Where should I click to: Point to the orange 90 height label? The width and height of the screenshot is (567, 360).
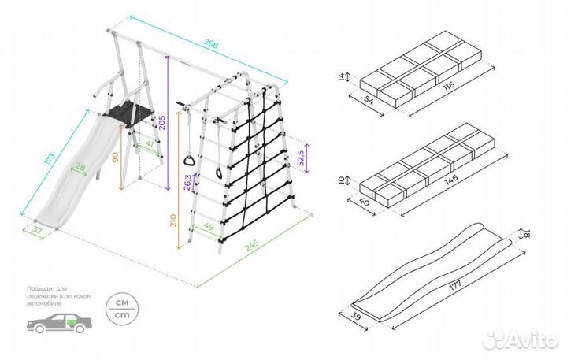(116, 158)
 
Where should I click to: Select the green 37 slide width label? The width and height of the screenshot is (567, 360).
(36, 230)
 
